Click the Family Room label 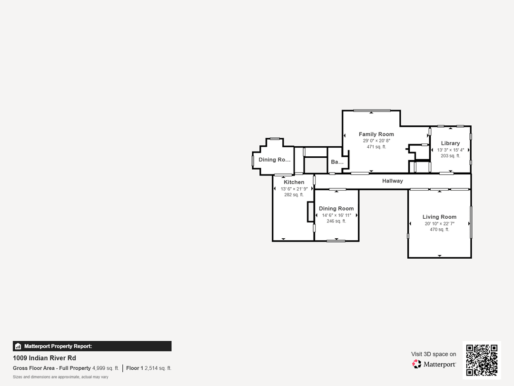tap(376, 134)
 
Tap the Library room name tap(450, 143)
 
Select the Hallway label tap(392, 181)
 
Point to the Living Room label tap(439, 217)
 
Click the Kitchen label tap(294, 182)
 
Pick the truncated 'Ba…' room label tap(337, 162)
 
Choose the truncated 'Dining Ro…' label tap(275, 160)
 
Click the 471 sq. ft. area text tap(376, 147)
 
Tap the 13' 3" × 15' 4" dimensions tap(450, 150)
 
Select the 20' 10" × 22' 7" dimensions tap(440, 224)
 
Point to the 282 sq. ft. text tap(294, 194)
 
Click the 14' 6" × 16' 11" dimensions tap(336, 215)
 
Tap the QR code tap(482, 360)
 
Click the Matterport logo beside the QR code tap(434, 364)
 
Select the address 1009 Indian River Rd tap(44, 358)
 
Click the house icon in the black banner tap(18, 346)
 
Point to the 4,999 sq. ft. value tap(106, 368)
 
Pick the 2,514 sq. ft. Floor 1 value tap(158, 368)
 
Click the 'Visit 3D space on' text tap(434, 354)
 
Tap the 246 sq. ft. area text tap(336, 221)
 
